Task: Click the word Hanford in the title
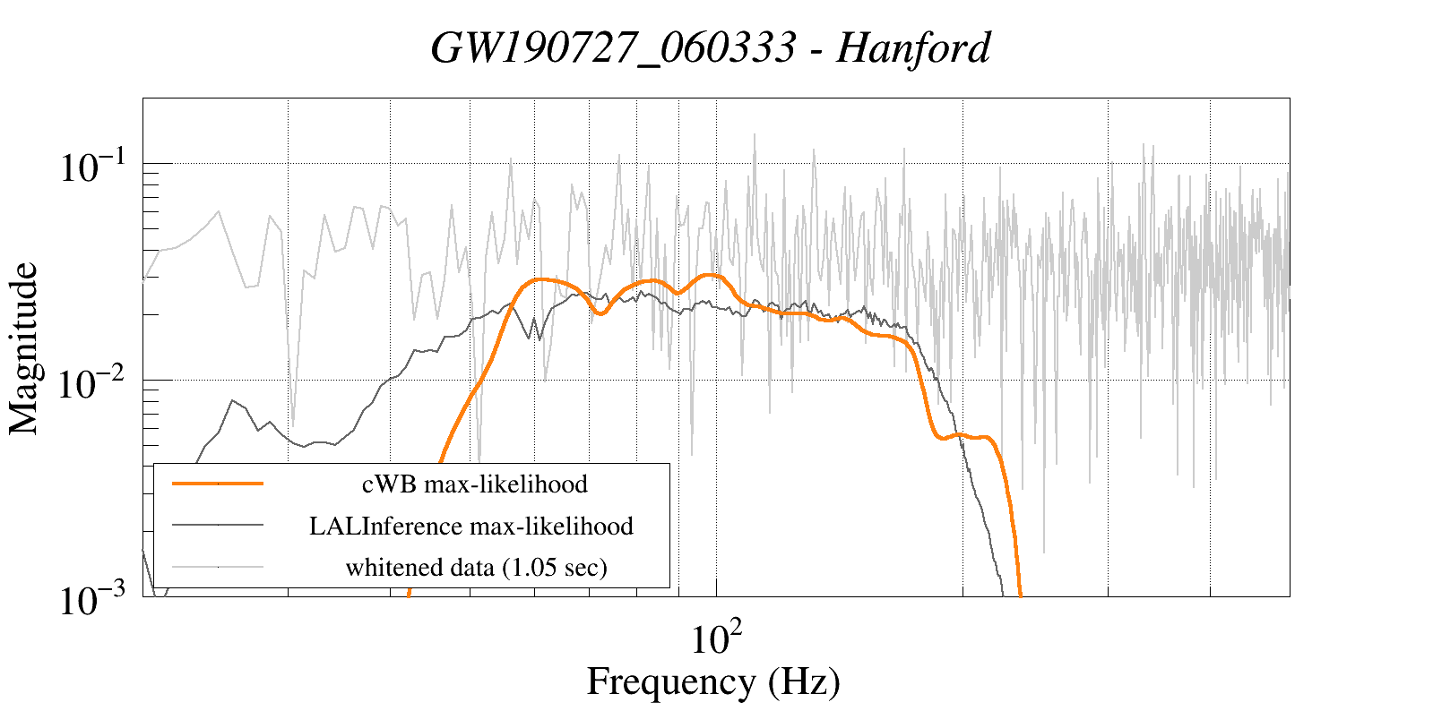click(913, 48)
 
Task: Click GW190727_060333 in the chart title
click(613, 48)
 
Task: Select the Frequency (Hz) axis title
click(713, 681)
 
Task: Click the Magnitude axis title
click(24, 348)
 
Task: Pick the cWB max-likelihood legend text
click(474, 484)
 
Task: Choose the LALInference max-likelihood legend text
click(471, 526)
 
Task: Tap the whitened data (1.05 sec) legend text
click(476, 567)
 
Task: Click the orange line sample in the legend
click(218, 484)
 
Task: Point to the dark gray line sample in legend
click(218, 525)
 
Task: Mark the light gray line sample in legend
click(218, 566)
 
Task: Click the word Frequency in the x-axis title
click(670, 681)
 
